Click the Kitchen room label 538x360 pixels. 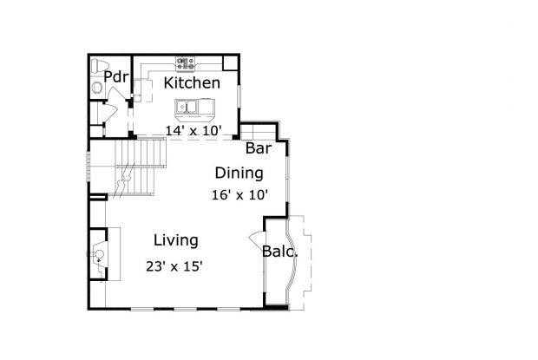point(192,83)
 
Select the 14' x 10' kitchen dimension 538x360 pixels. point(194,131)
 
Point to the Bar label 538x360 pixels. point(259,148)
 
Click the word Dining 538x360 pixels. point(239,173)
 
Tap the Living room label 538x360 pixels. point(175,240)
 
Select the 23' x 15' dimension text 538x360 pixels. point(174,266)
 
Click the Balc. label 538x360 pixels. point(280,253)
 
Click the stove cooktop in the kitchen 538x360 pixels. point(186,62)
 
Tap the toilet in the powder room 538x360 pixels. point(98,66)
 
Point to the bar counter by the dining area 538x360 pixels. point(256,132)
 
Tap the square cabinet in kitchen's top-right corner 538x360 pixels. point(230,62)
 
